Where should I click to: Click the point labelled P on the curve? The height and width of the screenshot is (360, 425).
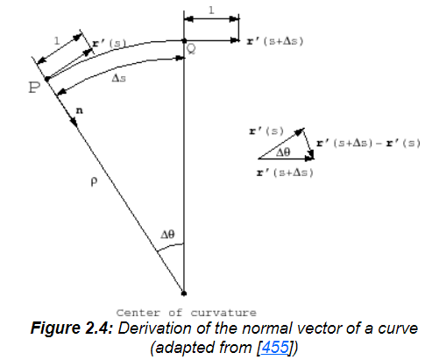click(x=47, y=79)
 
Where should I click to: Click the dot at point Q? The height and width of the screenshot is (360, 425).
click(x=184, y=40)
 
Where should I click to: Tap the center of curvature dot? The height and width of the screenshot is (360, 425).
click(x=184, y=293)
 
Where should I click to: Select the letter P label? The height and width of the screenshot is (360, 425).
click(x=34, y=88)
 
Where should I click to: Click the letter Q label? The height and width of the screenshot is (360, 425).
click(x=191, y=49)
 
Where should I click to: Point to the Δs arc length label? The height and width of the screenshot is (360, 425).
click(x=119, y=78)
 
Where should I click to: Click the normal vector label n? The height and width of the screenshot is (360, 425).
click(x=79, y=110)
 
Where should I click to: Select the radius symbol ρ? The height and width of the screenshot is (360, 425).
click(x=94, y=182)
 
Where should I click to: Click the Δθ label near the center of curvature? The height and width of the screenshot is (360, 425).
click(x=167, y=234)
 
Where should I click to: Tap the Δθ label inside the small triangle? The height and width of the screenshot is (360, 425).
click(x=283, y=152)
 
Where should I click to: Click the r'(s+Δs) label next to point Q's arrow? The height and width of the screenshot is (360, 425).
click(x=275, y=41)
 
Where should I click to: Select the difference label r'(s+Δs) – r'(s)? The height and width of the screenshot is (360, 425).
click(x=368, y=143)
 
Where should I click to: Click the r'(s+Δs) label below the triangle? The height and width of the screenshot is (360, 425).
click(x=285, y=173)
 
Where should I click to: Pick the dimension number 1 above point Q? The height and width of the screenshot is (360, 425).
click(x=211, y=11)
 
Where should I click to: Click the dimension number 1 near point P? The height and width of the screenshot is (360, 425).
click(x=57, y=41)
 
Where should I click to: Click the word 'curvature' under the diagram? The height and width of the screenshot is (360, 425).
click(x=223, y=313)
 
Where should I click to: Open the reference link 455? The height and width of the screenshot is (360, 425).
click(x=275, y=347)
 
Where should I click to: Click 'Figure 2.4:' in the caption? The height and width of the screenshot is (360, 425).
click(x=72, y=328)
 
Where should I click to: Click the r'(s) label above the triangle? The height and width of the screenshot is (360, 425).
click(x=266, y=131)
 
